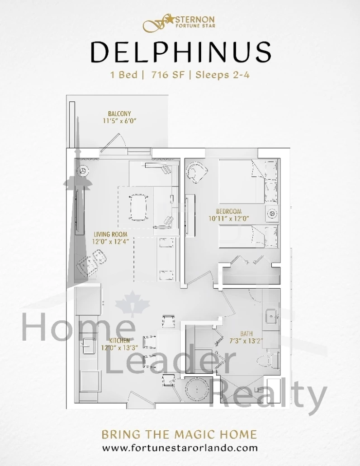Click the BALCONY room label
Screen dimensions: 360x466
point(119,114)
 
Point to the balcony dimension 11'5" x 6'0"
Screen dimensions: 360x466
point(119,121)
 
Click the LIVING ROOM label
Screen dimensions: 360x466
point(110,234)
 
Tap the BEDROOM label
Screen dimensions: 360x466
point(229,212)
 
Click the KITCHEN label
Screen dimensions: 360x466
point(119,341)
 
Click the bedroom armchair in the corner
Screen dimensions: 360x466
point(196,172)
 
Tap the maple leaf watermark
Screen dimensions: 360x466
point(133,305)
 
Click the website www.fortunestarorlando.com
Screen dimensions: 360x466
point(180,448)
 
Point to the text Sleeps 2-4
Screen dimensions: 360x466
point(223,74)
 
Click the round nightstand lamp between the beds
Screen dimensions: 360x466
point(272,214)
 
